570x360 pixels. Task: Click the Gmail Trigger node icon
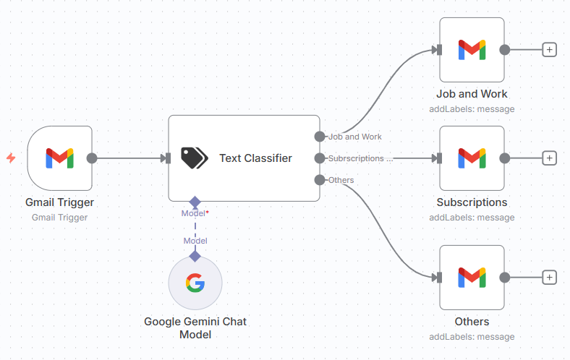(59, 158)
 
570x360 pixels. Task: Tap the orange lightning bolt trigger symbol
(11, 158)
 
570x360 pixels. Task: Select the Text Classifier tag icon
(194, 158)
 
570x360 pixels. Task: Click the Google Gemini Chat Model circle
(195, 283)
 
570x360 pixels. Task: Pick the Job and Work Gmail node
(472, 50)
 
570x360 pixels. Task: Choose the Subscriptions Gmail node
(472, 158)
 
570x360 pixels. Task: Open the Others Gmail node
(472, 277)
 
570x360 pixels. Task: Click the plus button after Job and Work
(550, 50)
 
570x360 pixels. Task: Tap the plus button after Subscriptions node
(550, 158)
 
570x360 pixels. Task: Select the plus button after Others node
(550, 277)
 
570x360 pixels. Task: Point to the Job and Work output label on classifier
(355, 137)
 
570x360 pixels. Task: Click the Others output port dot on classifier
(320, 179)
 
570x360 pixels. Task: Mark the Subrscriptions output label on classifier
(360, 158)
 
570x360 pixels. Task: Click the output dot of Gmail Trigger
(92, 158)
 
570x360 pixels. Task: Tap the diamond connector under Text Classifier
(195, 202)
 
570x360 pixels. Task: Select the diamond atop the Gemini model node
(195, 256)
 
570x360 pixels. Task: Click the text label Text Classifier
(255, 158)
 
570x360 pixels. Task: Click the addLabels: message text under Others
(472, 337)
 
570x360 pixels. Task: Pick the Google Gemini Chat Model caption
(195, 328)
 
